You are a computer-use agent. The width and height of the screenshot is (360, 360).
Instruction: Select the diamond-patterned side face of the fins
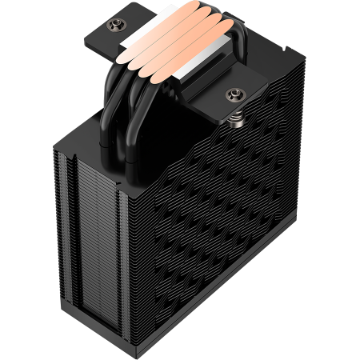[232, 208]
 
